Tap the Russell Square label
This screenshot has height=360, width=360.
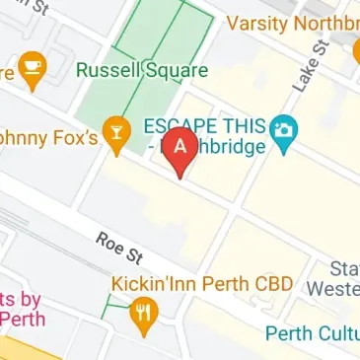(142, 70)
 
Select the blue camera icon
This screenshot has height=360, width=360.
(285, 130)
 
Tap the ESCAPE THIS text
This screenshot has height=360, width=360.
(205, 127)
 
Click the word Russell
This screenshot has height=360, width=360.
(108, 70)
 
